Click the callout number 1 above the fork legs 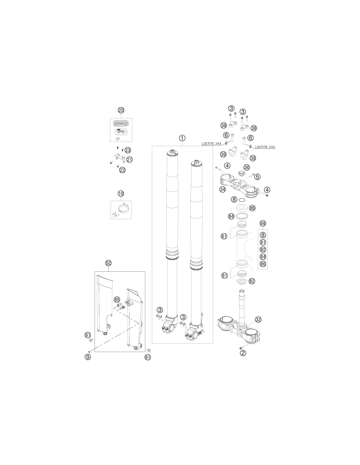tap(182, 138)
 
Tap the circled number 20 tap(121, 110)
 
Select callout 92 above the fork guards tap(108, 263)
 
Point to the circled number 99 tap(263, 223)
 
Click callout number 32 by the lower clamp tap(258, 320)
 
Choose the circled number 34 tap(223, 190)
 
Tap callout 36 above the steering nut tap(247, 167)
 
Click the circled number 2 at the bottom tap(243, 353)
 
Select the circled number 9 tap(88, 357)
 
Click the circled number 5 tap(258, 177)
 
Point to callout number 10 tap(121, 194)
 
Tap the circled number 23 tap(128, 150)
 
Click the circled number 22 tap(122, 170)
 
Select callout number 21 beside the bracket tap(129, 160)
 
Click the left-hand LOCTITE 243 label tap(211, 144)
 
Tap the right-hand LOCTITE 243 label tap(265, 147)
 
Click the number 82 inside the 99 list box tap(263, 250)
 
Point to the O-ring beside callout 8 tap(242, 200)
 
